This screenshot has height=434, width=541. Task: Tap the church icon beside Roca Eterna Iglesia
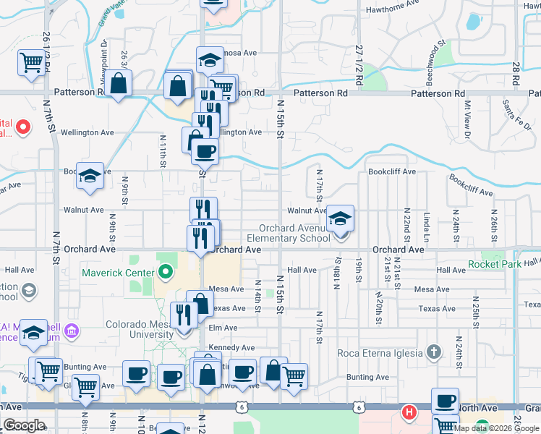pos(433,353)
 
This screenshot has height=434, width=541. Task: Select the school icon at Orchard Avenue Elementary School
pos(338,218)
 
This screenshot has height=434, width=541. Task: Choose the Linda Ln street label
pos(427,227)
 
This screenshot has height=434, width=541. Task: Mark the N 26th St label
pos(494,226)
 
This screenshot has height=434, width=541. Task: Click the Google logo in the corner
pos(24,425)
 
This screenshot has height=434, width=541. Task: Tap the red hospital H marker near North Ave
pos(409,413)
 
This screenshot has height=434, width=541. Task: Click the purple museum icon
pos(71,332)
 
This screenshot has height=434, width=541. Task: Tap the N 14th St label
pos(257,296)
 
